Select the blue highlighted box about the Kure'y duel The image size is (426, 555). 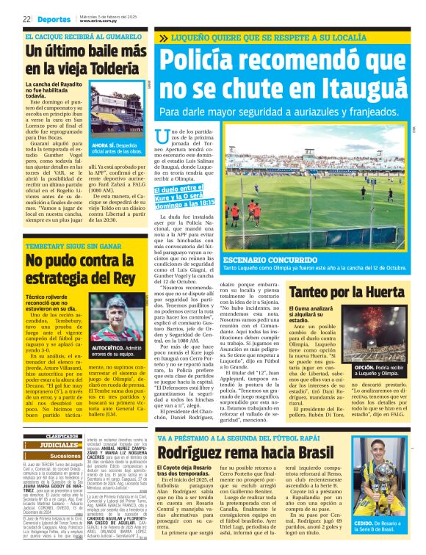click(189, 196)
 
